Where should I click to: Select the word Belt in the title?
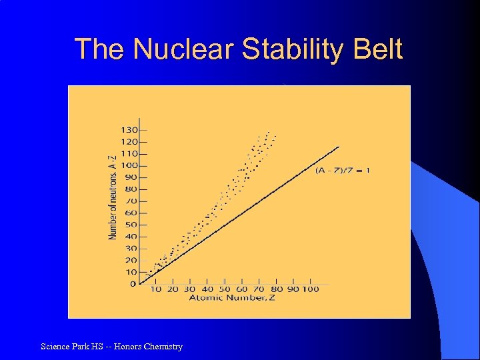377,50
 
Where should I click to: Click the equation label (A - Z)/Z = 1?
343,170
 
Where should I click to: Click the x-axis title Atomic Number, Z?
231,298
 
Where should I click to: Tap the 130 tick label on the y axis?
129,129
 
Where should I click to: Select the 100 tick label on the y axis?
129,165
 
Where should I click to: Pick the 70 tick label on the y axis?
131,201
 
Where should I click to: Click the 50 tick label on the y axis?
131,225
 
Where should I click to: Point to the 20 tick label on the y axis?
131,260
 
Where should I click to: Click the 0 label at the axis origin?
133,284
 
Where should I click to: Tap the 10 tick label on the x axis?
155,289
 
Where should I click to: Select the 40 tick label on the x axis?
207,289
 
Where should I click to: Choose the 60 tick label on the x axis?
241,289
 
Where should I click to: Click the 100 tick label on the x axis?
311,289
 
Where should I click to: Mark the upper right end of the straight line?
339,147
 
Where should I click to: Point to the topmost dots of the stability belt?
269,132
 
